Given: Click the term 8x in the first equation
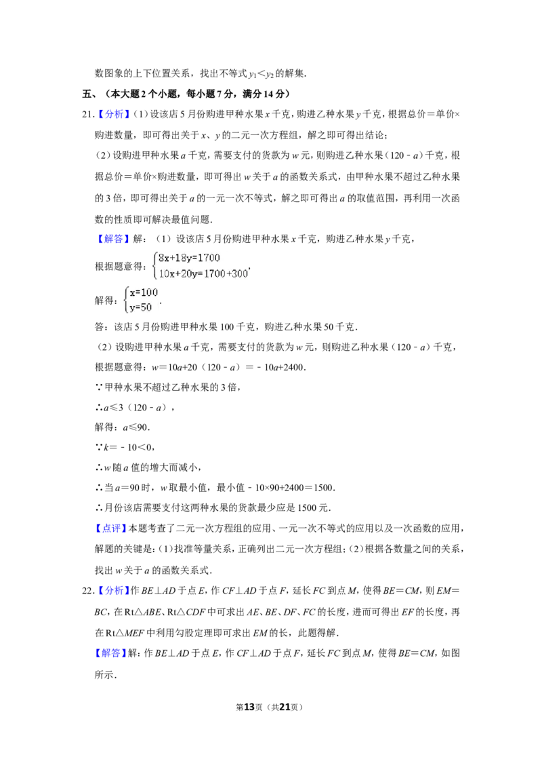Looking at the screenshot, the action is [x=163, y=258].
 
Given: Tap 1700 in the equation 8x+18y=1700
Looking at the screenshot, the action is [x=208, y=258].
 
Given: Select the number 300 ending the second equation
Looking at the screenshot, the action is [x=240, y=274].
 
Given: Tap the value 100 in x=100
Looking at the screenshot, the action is [x=149, y=292].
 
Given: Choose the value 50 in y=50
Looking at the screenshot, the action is [x=146, y=307].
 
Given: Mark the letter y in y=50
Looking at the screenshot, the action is [x=132, y=307].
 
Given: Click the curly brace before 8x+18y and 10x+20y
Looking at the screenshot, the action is [x=155, y=265].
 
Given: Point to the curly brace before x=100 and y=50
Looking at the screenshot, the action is [x=125, y=299].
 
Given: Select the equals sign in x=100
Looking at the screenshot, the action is [x=138, y=292].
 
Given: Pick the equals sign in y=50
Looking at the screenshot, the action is [x=138, y=307].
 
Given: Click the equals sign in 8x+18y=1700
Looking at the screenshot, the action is [x=194, y=258].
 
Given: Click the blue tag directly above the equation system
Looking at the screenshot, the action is [x=113, y=239].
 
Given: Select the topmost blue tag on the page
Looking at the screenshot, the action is [x=113, y=114].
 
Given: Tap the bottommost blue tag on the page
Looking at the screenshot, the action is [x=110, y=653].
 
